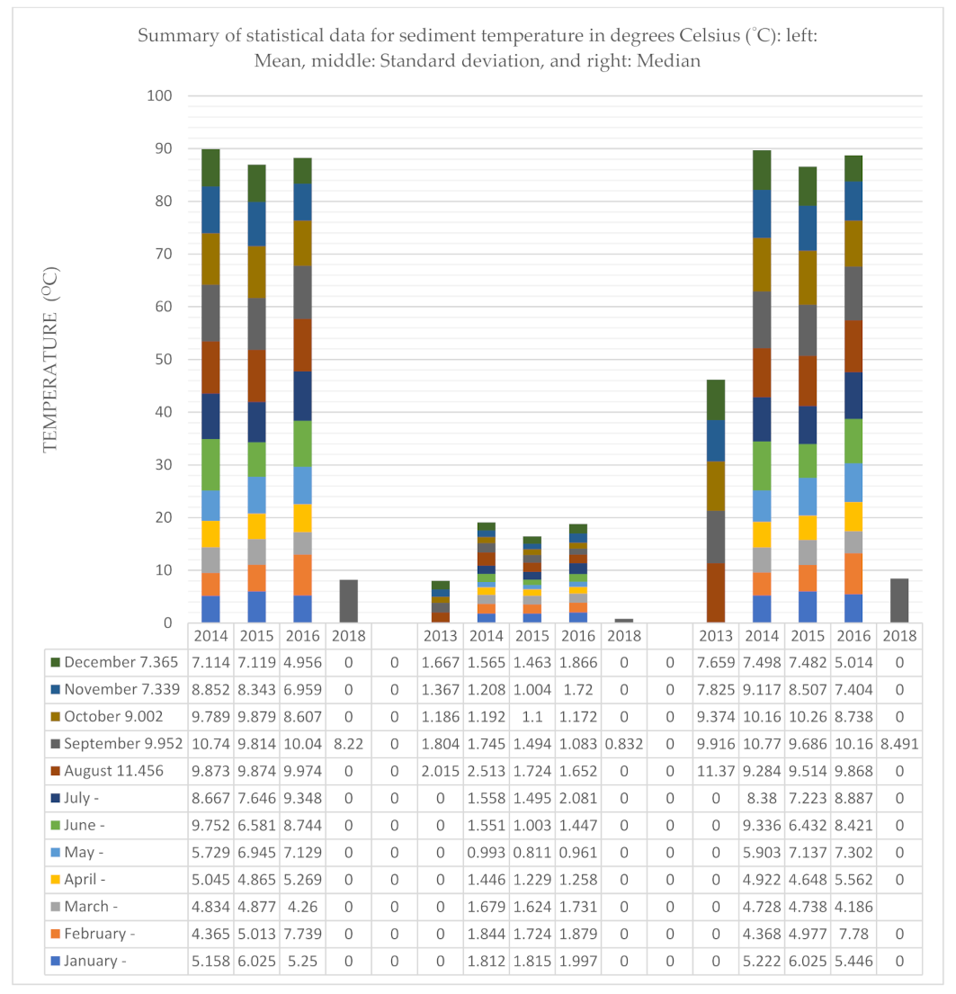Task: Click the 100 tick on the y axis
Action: [x=167, y=96]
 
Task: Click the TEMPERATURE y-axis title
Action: [x=51, y=360]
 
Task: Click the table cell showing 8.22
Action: [x=349, y=744]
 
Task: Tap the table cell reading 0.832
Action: [x=624, y=744]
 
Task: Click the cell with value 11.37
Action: [x=716, y=771]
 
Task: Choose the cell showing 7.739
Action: [x=303, y=934]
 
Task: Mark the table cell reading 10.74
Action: [x=210, y=744]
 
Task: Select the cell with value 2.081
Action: [x=578, y=799]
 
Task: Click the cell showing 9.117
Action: [x=762, y=690]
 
